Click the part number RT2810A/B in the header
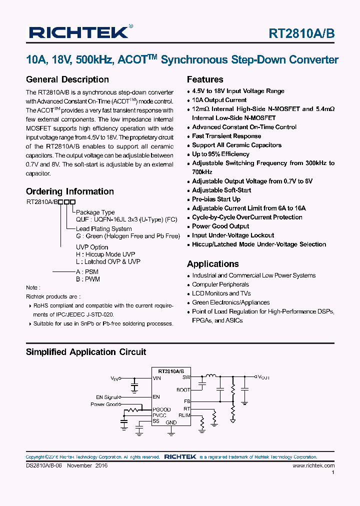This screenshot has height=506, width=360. coord(301,33)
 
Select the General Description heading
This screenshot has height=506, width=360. coord(67,79)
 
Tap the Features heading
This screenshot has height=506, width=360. coord(205,79)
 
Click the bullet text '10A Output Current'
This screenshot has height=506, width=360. coord(219,100)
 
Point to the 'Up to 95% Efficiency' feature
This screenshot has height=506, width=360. coord(220,154)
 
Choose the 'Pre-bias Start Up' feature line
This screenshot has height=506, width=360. coord(216,199)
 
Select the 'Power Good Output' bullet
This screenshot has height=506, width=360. coord(220,226)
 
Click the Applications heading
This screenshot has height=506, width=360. coord(212,264)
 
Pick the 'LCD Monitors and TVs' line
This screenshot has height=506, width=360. coord(221,293)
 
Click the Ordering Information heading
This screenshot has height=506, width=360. coord(69,191)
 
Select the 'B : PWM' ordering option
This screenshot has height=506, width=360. coord(88,279)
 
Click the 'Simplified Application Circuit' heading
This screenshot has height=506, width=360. coord(86,352)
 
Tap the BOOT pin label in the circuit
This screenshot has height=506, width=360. coord(183,389)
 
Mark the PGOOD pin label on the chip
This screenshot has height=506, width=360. coord(161,409)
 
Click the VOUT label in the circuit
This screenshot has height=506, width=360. coord(263,377)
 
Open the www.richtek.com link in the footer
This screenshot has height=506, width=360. coord(313,465)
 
